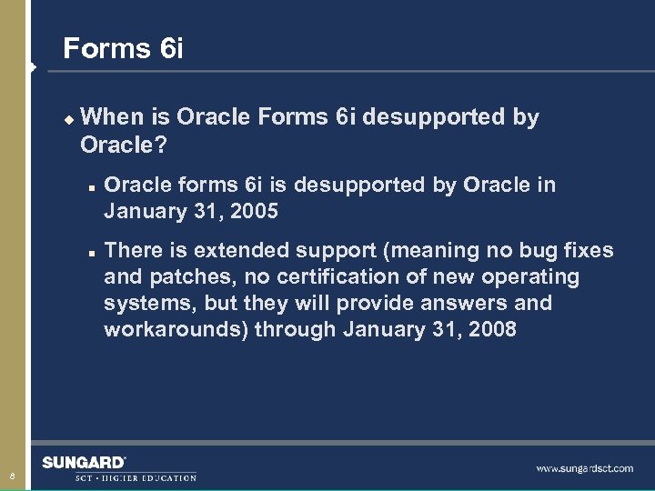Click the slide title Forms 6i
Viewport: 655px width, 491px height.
(123, 48)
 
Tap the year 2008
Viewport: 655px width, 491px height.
(491, 329)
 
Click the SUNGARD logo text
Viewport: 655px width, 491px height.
(84, 463)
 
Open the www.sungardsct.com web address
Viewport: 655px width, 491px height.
(584, 468)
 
